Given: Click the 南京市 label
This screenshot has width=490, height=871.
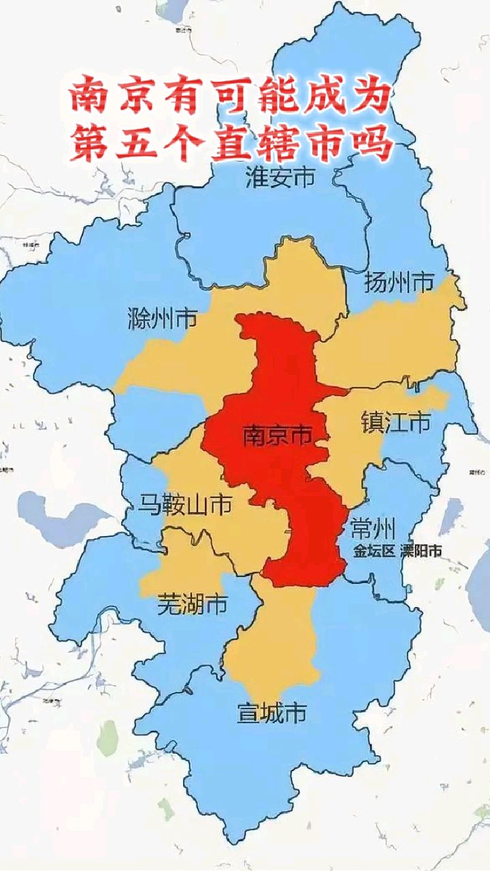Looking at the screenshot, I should pyautogui.click(x=276, y=435).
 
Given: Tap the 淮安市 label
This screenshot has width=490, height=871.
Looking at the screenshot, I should pyautogui.click(x=280, y=178).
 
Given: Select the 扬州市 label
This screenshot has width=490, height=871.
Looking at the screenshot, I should pyautogui.click(x=399, y=281).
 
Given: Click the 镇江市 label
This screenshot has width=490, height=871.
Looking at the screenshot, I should pyautogui.click(x=395, y=423).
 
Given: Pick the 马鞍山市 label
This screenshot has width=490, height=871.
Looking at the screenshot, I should pyautogui.click(x=185, y=504).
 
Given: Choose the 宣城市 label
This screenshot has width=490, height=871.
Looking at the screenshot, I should pyautogui.click(x=271, y=712).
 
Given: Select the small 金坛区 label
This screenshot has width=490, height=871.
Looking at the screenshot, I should pyautogui.click(x=374, y=552).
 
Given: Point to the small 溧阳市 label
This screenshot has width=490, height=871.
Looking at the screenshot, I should pyautogui.click(x=421, y=552).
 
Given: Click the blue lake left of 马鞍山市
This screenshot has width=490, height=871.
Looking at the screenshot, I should pyautogui.click(x=54, y=514).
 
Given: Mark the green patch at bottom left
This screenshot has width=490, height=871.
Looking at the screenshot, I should pyautogui.click(x=107, y=736).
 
